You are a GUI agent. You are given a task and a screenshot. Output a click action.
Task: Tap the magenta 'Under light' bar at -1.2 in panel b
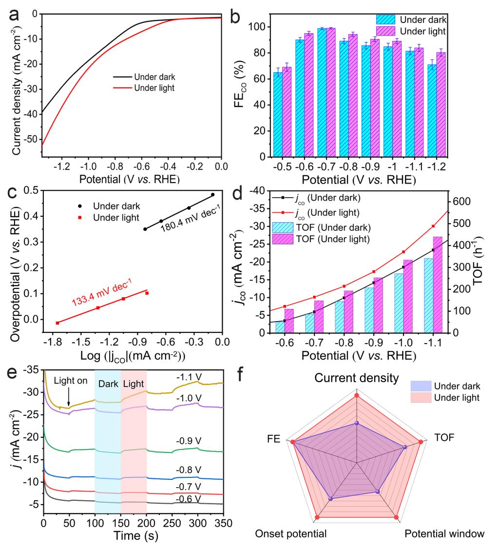pos(441,104)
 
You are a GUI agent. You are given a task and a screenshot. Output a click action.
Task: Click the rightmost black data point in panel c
pos(213,195)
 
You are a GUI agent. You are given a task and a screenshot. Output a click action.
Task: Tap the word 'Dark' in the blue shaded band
pos(108,384)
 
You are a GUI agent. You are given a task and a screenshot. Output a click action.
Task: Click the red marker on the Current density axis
pos(357,395)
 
